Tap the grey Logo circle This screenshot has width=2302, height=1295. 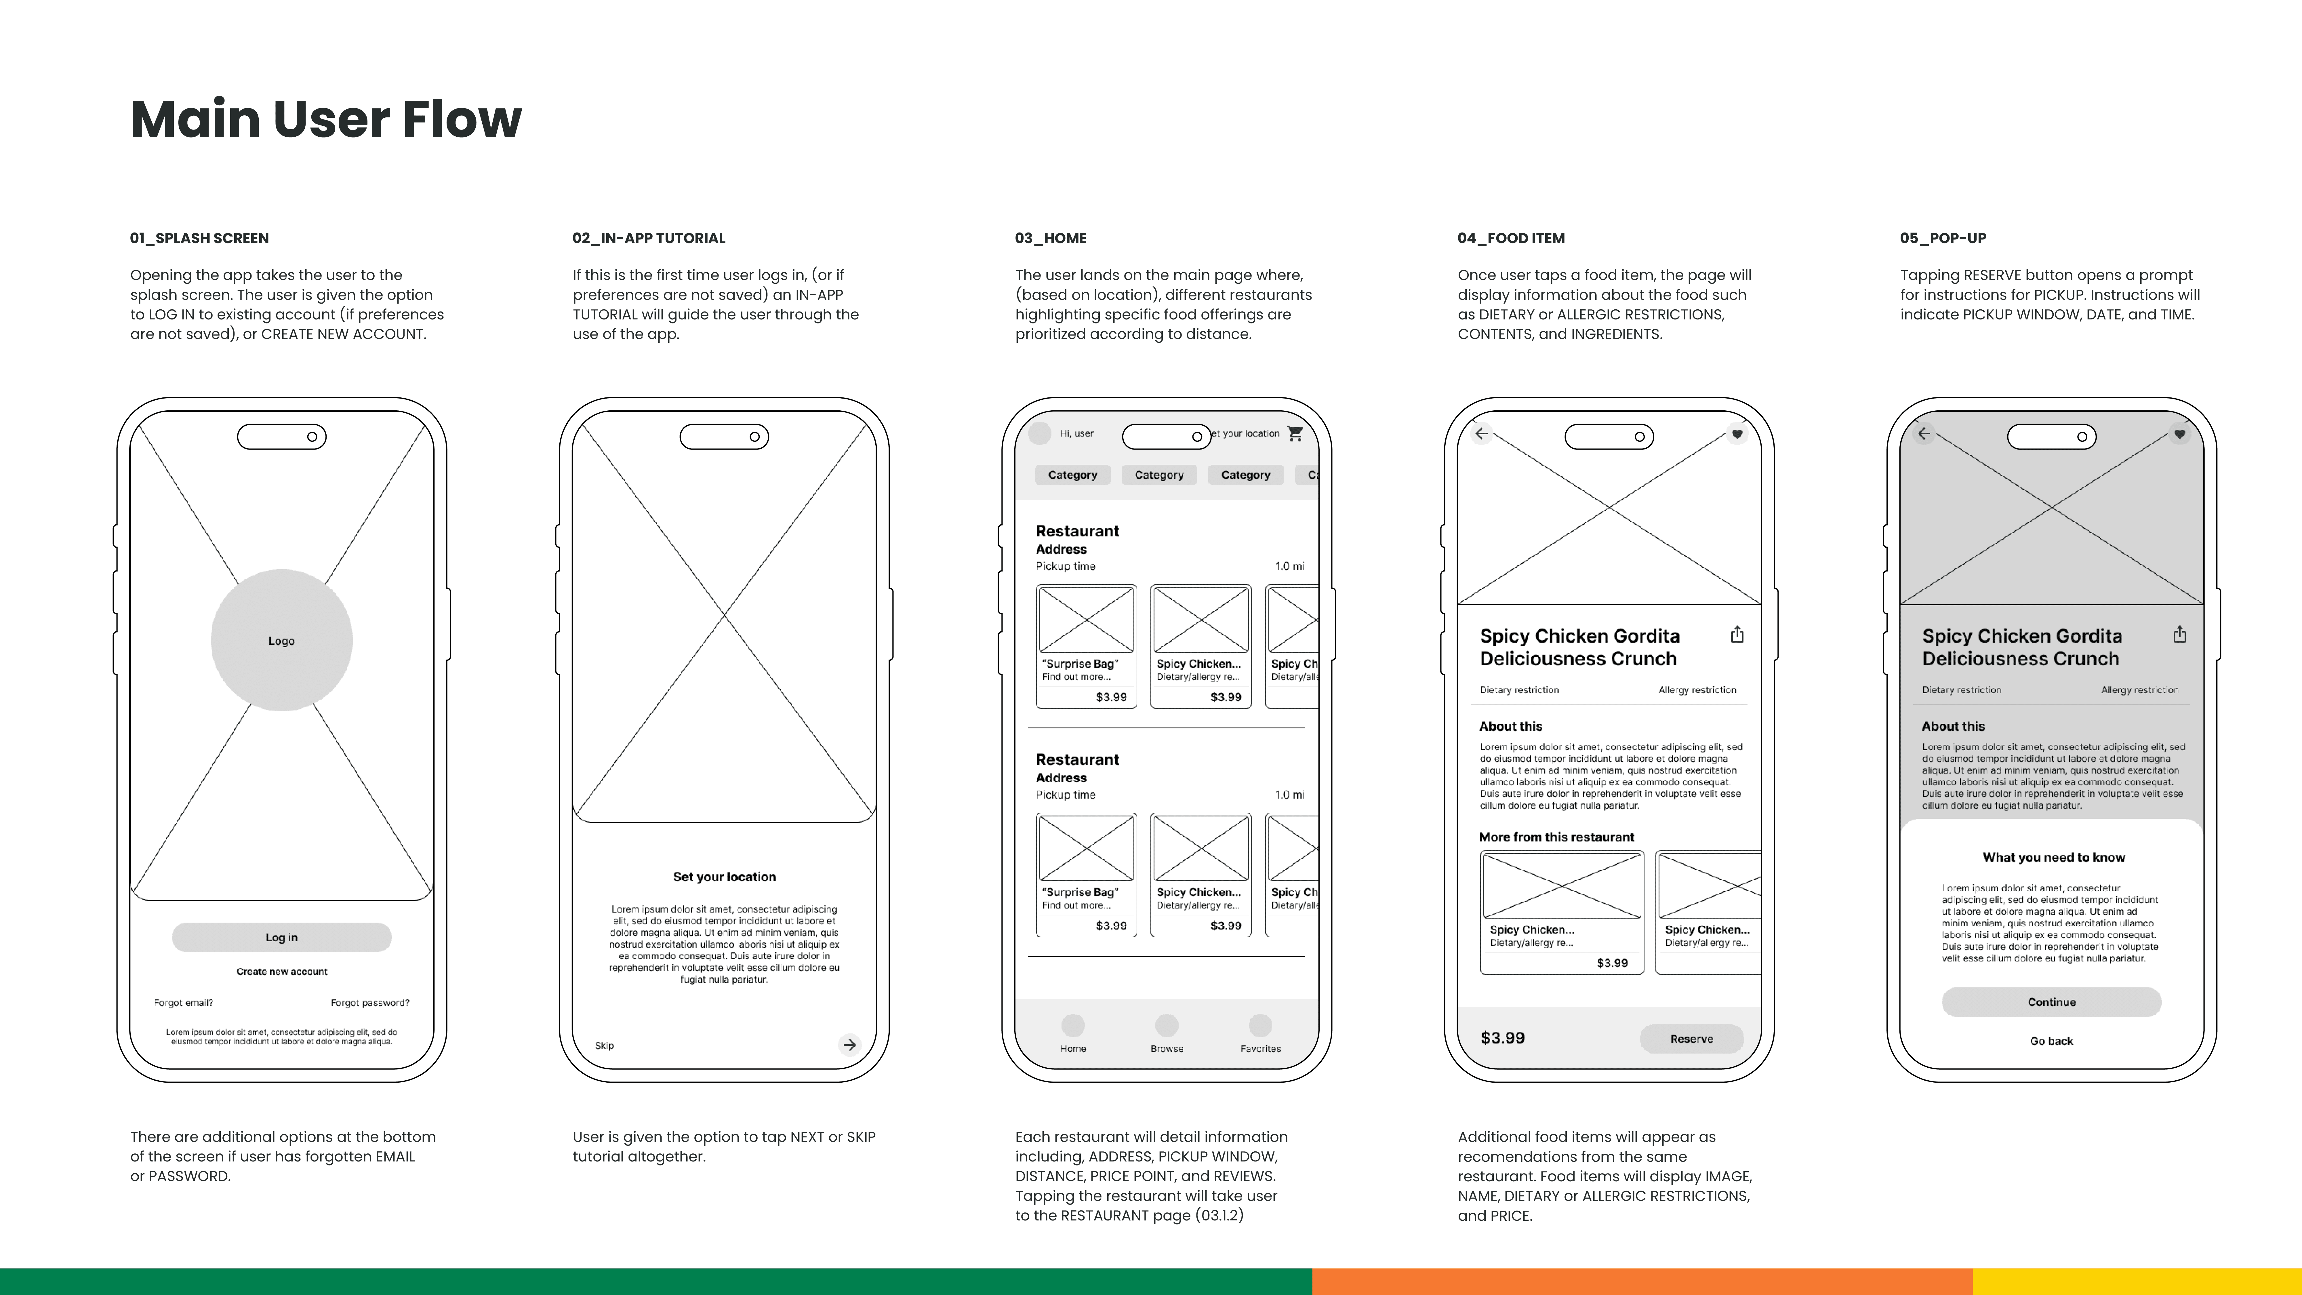(x=281, y=640)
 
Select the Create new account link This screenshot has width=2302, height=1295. (x=281, y=972)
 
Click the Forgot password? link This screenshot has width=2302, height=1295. (x=370, y=1003)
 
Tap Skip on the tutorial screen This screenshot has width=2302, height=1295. (x=604, y=1046)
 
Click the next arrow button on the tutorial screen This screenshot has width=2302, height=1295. (x=849, y=1045)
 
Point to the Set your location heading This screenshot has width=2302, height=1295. (x=724, y=877)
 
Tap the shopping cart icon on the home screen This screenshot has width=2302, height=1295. (x=1295, y=433)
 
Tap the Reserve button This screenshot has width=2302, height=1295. (x=1691, y=1039)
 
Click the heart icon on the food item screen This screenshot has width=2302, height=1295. (x=1736, y=434)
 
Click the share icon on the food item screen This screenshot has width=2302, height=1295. (x=1736, y=635)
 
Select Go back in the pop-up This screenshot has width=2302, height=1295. (x=2051, y=1041)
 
